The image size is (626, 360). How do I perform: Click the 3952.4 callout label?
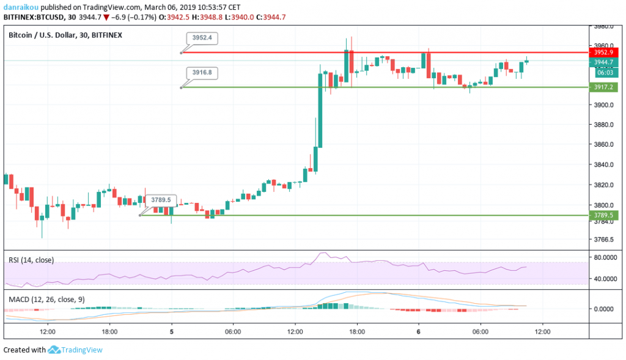tap(203, 38)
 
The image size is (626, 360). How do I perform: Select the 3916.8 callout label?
tap(203, 72)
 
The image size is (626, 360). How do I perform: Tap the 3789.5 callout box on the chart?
tap(161, 200)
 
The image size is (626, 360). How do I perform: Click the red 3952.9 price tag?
tap(603, 53)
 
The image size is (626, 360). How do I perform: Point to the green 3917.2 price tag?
tap(603, 87)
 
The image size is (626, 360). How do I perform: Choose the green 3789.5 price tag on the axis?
tap(603, 215)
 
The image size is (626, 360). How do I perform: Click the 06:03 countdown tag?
tap(603, 72)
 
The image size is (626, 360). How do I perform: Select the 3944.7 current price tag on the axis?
tap(603, 62)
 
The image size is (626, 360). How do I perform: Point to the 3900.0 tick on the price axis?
tap(603, 105)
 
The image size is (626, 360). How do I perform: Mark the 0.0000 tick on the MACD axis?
tap(605, 309)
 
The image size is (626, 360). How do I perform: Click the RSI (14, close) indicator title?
tap(31, 260)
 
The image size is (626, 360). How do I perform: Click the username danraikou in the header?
tap(24, 6)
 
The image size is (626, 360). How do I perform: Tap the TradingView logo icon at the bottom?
tap(54, 350)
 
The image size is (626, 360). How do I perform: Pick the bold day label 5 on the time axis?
tap(172, 332)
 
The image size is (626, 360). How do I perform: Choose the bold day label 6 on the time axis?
tap(419, 332)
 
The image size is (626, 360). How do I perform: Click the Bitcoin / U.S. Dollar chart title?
tap(42, 35)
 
